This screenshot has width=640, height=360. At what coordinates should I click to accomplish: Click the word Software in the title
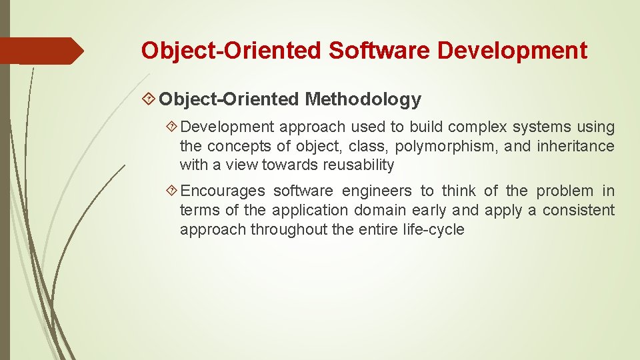(x=381, y=51)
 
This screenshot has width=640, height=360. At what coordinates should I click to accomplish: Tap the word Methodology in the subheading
(x=363, y=100)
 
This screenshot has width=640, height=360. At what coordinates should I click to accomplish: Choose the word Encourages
(x=223, y=191)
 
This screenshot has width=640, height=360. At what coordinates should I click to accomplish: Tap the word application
(x=309, y=211)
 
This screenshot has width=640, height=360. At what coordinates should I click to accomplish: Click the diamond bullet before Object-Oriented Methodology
(x=149, y=100)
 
